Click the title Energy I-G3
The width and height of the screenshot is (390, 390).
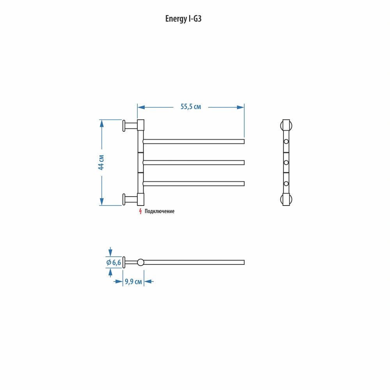(x=183, y=19)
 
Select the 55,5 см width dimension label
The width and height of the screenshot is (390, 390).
(x=191, y=107)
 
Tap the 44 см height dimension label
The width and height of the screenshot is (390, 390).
(x=101, y=162)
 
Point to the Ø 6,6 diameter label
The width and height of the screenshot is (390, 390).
(x=113, y=262)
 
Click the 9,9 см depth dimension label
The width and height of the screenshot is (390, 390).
(x=133, y=282)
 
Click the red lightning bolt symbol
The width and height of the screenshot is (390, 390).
(x=140, y=211)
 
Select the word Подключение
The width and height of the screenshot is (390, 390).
(x=160, y=211)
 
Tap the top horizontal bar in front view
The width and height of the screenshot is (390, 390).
(x=193, y=142)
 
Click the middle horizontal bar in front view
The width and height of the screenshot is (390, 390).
(x=193, y=163)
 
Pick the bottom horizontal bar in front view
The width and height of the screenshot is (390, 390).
(x=193, y=184)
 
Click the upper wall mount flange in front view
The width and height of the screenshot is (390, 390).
(x=124, y=126)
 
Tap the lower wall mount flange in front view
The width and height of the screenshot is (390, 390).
(x=124, y=199)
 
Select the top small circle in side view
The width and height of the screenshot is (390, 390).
(x=286, y=142)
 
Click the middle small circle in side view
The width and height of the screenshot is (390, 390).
(x=286, y=163)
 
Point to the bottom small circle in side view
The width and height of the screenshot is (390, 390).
(x=286, y=184)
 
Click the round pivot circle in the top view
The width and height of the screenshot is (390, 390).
(x=140, y=262)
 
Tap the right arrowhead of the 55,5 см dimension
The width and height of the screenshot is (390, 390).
(x=241, y=107)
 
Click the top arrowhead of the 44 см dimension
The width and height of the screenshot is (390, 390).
(x=101, y=124)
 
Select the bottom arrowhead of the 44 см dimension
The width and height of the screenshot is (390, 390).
(x=101, y=202)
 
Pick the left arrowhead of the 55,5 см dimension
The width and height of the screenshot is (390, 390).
(x=141, y=107)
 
